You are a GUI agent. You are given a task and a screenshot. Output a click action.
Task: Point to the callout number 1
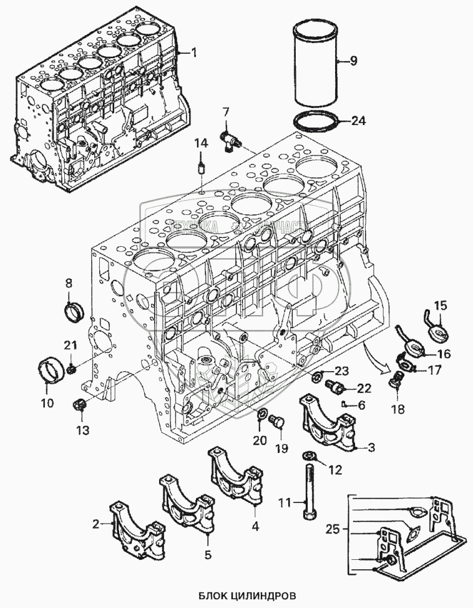(x=193, y=53)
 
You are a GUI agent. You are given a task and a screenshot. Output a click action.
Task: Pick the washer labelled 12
(x=309, y=456)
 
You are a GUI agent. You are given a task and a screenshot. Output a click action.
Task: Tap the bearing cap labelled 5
(x=185, y=505)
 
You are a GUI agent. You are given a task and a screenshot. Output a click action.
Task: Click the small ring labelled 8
(x=75, y=309)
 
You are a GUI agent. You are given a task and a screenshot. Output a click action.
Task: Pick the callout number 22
(x=363, y=389)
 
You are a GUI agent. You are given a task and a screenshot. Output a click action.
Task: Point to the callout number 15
(x=441, y=306)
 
